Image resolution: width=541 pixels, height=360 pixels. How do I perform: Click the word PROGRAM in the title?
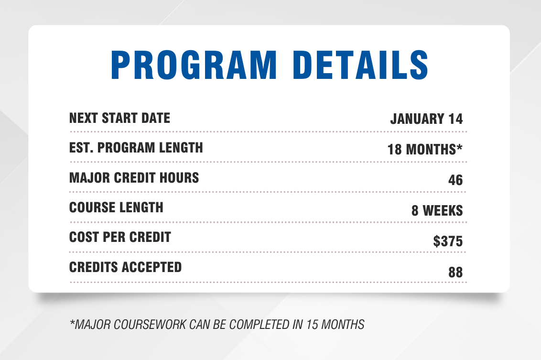point(194,65)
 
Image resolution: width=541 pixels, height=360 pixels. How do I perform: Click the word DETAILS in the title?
point(360,65)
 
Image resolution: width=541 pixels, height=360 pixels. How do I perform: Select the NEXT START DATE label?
point(119,118)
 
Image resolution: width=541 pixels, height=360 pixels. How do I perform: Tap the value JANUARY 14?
point(426,119)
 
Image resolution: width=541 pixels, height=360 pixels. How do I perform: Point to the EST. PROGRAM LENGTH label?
point(136,148)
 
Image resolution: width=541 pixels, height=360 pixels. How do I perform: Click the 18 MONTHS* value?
point(425,150)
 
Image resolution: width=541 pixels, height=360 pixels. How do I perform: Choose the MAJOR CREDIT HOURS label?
point(134,178)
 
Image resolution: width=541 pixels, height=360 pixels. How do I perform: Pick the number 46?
point(455,180)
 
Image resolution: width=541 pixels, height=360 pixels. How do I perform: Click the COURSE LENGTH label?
point(116,207)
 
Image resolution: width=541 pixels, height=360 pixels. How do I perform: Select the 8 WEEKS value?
point(437,210)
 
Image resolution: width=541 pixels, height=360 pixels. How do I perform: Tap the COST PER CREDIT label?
point(120,237)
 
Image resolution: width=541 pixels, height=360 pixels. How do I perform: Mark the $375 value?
point(448,241)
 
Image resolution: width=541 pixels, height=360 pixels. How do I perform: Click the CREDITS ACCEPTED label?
point(125,267)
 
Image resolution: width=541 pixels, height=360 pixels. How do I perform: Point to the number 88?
point(455,273)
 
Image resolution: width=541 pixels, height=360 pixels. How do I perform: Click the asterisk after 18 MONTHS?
point(459,147)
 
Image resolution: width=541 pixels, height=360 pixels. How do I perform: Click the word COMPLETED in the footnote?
point(260,325)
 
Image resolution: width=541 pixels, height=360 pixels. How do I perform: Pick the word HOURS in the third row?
point(179,178)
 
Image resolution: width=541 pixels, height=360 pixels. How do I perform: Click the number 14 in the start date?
point(455,119)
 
